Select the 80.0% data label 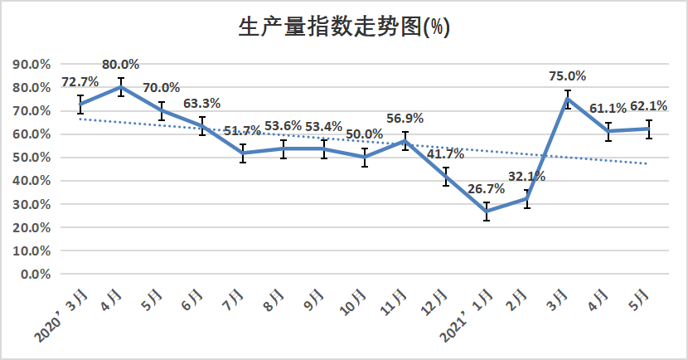pyautogui.click(x=120, y=64)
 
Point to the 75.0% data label pyautogui.click(x=567, y=75)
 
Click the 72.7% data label pyautogui.click(x=80, y=81)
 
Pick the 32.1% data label pyautogui.click(x=528, y=176)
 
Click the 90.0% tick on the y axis pyautogui.click(x=32, y=64)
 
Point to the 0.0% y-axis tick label pyautogui.click(x=36, y=274)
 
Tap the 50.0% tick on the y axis pyautogui.click(x=32, y=158)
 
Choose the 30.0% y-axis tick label pyautogui.click(x=32, y=204)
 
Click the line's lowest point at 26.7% pyautogui.click(x=487, y=212)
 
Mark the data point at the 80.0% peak pyautogui.click(x=121, y=87)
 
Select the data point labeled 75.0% pyautogui.click(x=568, y=99)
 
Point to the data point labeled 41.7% pyautogui.click(x=446, y=177)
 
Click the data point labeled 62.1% pyautogui.click(x=649, y=129)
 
